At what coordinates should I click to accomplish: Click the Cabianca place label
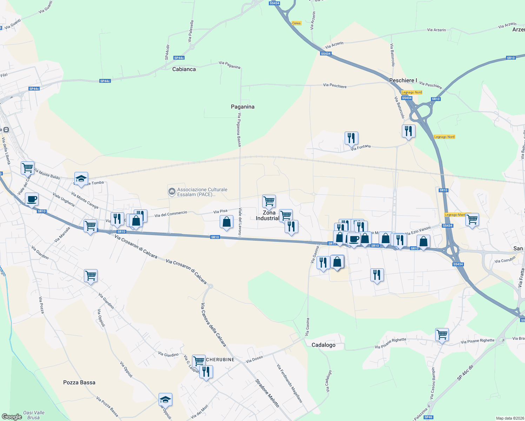(184, 69)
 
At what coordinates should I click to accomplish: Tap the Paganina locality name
(242, 107)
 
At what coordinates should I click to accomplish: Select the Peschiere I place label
(403, 80)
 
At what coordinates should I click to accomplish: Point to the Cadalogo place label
(323, 345)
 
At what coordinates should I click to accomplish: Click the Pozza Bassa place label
(79, 382)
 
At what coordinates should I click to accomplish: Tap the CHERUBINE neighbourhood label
(220, 360)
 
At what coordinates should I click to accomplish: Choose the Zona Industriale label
(269, 215)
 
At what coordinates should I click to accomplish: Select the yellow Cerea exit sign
(296, 23)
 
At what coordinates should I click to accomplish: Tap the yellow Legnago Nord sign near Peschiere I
(412, 92)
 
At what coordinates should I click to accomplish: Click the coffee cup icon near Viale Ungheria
(32, 199)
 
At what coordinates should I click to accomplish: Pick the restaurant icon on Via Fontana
(351, 138)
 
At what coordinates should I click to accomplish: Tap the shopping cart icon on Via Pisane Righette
(442, 334)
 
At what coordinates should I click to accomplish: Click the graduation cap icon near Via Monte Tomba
(81, 179)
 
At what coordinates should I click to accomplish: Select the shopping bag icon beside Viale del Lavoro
(226, 222)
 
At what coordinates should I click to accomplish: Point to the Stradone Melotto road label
(267, 393)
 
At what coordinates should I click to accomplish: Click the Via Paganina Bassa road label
(239, 129)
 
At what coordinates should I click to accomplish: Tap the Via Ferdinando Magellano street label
(289, 383)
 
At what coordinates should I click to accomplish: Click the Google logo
(12, 417)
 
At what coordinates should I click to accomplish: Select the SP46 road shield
(428, 417)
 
